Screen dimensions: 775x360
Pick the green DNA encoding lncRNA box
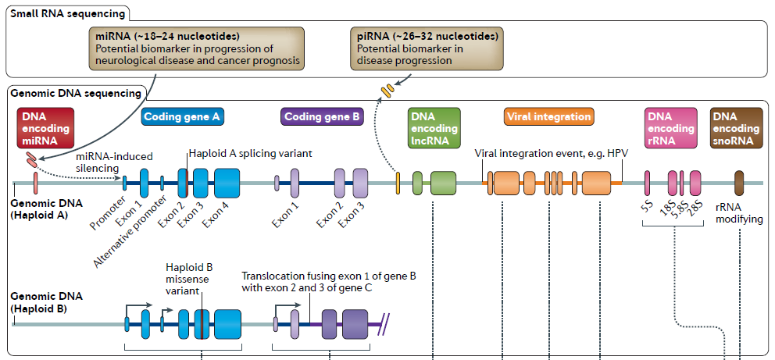pos(434,128)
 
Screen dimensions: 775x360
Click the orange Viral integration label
pos(549,117)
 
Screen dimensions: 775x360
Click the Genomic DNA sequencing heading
pos(76,92)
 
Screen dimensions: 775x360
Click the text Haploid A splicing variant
pos(250,154)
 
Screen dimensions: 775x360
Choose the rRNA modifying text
pos(739,213)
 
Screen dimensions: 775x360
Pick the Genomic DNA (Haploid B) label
pos(40,303)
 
